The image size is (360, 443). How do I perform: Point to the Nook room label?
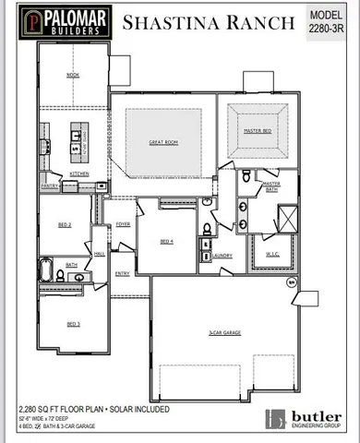point(73,75)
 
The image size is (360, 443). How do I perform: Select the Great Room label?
point(162,142)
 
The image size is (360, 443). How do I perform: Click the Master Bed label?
point(257,132)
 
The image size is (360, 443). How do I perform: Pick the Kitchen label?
point(79,174)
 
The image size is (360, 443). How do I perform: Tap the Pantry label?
point(50,186)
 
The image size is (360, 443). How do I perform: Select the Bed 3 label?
point(72,324)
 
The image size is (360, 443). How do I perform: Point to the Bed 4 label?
point(166,242)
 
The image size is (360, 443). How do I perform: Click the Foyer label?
point(123,223)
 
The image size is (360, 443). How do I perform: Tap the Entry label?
point(122,273)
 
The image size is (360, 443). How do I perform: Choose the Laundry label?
point(221,256)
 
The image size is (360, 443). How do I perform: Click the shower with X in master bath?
point(286,218)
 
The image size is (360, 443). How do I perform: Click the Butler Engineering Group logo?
point(304,418)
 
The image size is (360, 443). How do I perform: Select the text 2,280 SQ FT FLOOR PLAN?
point(57,407)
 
